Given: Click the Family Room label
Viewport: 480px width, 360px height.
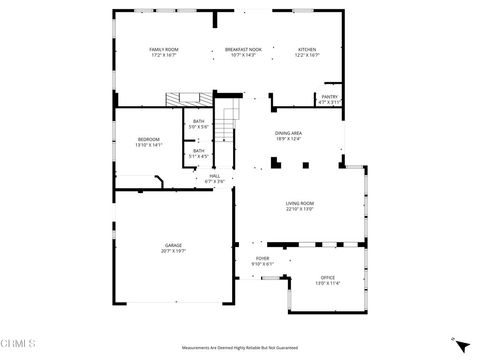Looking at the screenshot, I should click(163, 49).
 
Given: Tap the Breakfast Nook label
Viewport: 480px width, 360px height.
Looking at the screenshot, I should click(242, 49).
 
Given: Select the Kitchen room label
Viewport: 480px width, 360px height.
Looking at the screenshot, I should click(307, 49).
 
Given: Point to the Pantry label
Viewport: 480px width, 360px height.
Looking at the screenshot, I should click(329, 97).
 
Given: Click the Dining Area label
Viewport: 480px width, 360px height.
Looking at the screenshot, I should click(289, 133).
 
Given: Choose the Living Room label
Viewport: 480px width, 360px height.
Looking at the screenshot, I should click(300, 203).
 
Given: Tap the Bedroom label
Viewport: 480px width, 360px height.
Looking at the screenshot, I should click(148, 139).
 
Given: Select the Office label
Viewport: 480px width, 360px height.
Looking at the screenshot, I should click(327, 277).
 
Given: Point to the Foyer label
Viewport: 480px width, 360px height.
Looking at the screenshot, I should click(262, 258).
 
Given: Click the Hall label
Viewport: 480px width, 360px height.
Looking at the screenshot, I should click(215, 176).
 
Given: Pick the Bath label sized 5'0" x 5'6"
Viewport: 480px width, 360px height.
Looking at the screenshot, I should click(199, 121).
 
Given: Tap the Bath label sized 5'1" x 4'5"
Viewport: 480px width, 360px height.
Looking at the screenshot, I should click(199, 150).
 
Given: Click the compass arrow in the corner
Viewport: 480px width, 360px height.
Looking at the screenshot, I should click(460, 345).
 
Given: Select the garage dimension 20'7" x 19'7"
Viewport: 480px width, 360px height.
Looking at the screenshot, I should click(173, 251).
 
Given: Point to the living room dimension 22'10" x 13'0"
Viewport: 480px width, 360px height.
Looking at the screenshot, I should click(300, 209).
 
